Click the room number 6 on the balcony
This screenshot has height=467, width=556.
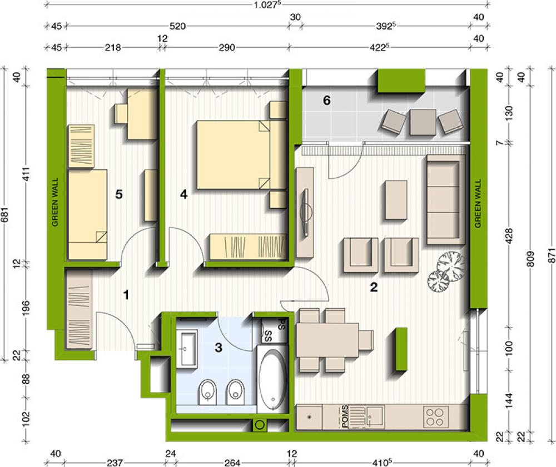[326, 101]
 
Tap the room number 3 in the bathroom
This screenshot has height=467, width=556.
[219, 347]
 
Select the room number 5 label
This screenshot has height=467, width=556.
[119, 194]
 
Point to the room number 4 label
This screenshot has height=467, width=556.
[183, 194]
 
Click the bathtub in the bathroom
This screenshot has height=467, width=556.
[272, 380]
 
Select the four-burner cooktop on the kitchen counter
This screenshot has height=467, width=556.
[436, 416]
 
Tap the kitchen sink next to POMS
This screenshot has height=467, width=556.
[375, 416]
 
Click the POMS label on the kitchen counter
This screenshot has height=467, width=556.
[345, 416]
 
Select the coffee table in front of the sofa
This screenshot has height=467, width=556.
[396, 200]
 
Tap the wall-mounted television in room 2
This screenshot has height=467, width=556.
[305, 212]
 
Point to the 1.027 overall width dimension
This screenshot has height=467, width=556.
[266, 5]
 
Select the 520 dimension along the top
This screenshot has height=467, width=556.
[177, 26]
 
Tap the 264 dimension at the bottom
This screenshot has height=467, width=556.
[232, 463]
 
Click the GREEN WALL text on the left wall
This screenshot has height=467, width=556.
[54, 202]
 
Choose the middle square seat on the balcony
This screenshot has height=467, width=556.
[423, 122]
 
